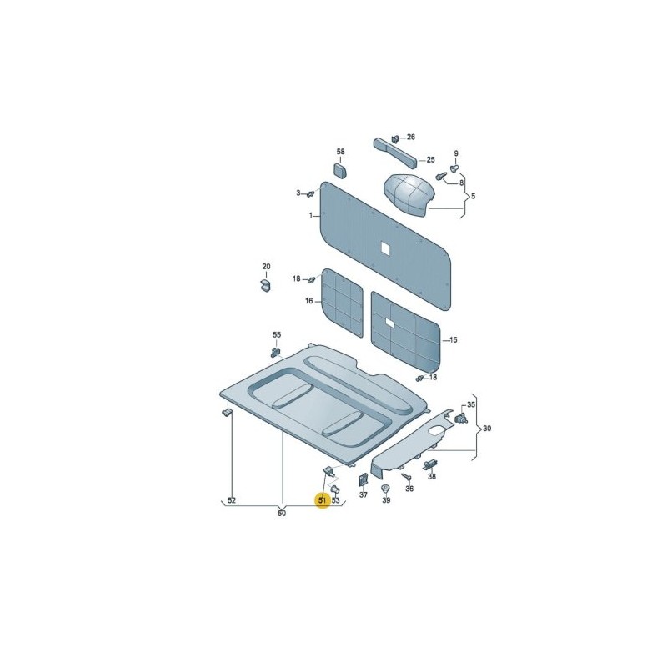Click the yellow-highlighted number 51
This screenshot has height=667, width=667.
323,499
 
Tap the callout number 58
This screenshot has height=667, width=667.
341,152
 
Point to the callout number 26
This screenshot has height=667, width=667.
410,137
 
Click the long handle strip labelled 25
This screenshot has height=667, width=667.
395,153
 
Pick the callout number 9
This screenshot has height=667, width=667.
456,153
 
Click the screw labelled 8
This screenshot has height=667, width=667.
441,175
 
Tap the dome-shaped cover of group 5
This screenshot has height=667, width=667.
406,195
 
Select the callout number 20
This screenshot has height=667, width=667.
266,266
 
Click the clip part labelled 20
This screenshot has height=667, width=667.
265,285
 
